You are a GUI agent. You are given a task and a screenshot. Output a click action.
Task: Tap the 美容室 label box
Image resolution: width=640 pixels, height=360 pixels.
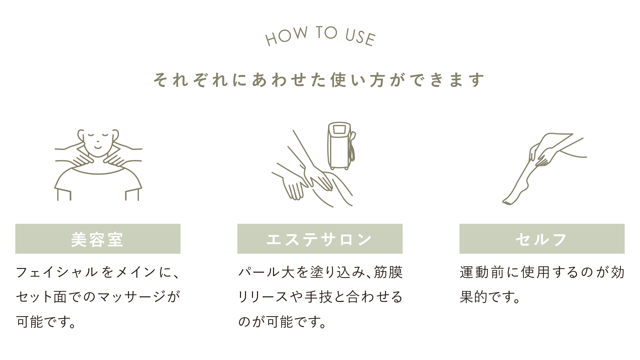click(x=98, y=239)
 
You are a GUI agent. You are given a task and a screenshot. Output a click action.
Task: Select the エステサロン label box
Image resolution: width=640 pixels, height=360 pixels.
click(x=320, y=239)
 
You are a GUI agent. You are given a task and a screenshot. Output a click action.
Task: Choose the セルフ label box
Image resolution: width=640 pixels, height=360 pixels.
click(x=542, y=239)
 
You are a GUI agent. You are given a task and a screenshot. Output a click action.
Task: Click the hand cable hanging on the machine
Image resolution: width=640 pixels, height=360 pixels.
click(x=351, y=147)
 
